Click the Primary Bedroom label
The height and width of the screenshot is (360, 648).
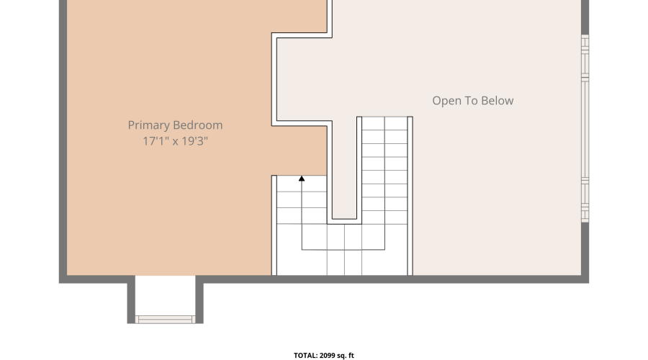pyautogui.click(x=175, y=125)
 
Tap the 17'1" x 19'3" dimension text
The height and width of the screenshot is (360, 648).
pyautogui.click(x=175, y=141)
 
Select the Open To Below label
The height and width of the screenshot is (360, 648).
pyautogui.click(x=473, y=101)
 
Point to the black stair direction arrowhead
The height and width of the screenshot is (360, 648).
pyautogui.click(x=302, y=179)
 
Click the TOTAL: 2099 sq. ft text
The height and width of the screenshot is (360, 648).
pyautogui.click(x=324, y=356)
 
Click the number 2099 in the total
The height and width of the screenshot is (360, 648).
pyautogui.click(x=328, y=356)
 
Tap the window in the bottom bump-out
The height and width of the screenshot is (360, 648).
pyautogui.click(x=165, y=320)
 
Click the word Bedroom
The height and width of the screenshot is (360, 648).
pyautogui.click(x=198, y=125)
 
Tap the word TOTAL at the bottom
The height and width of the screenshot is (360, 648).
pyautogui.click(x=305, y=356)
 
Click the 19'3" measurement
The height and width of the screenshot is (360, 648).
pyautogui.click(x=194, y=141)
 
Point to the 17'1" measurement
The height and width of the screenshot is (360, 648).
pyautogui.click(x=156, y=141)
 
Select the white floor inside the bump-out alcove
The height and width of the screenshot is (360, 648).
pyautogui.click(x=165, y=295)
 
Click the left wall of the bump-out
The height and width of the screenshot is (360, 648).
pyautogui.click(x=131, y=300)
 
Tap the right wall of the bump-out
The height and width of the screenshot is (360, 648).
pyautogui.click(x=199, y=300)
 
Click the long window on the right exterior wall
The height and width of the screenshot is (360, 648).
pyautogui.click(x=585, y=129)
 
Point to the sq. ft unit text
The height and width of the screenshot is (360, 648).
pyautogui.click(x=346, y=356)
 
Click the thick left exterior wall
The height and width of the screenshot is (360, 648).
pyautogui.click(x=63, y=141)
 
